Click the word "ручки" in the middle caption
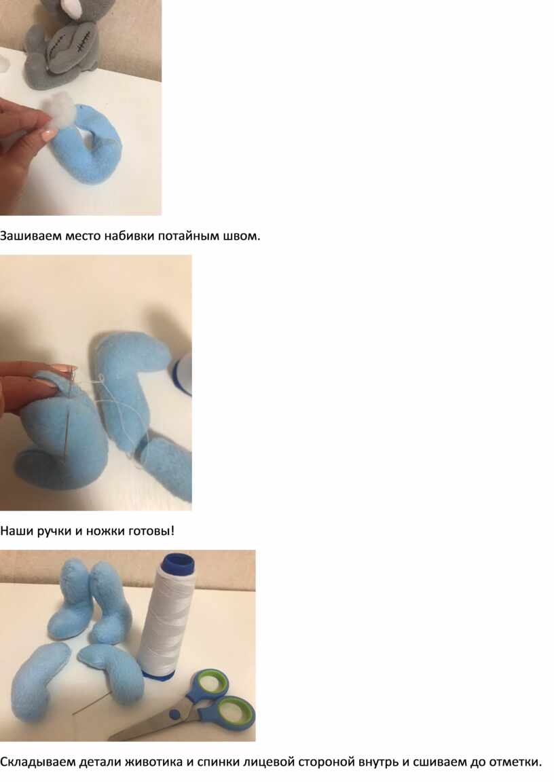[x=54, y=531]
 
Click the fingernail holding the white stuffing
[x=50, y=134]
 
